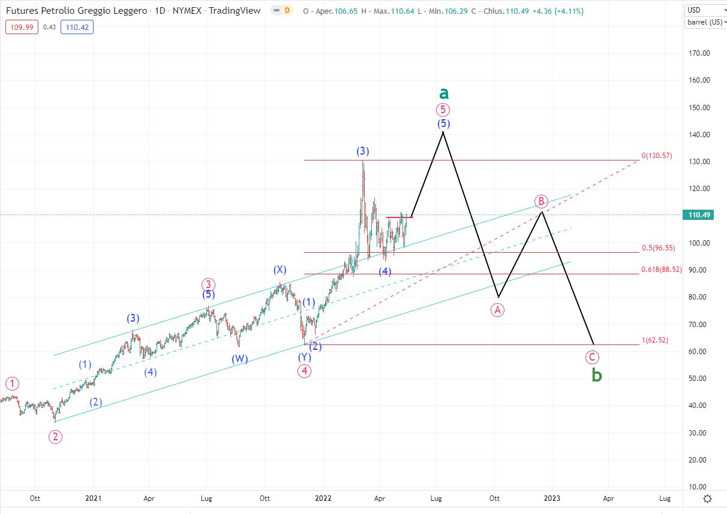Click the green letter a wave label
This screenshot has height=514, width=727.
(443, 93)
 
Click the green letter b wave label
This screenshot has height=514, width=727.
(596, 376)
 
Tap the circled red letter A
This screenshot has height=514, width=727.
(497, 310)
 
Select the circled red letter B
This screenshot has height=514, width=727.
(541, 201)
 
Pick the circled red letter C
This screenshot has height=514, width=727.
(592, 358)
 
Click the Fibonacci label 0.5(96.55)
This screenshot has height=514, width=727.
(658, 248)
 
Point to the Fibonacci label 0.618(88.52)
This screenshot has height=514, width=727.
(660, 270)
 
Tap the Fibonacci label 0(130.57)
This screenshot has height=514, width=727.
(657, 156)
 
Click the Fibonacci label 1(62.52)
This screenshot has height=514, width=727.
(654, 340)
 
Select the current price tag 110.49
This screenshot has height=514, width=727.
(698, 215)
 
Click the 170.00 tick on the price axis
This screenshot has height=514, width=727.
(698, 53)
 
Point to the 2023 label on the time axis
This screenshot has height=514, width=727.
(552, 498)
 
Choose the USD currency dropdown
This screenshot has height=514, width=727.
(704, 10)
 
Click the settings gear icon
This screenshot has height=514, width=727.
(708, 498)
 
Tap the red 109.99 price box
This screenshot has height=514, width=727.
(20, 26)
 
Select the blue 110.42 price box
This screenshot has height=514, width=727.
(76, 26)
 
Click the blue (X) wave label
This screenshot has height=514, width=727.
(280, 270)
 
